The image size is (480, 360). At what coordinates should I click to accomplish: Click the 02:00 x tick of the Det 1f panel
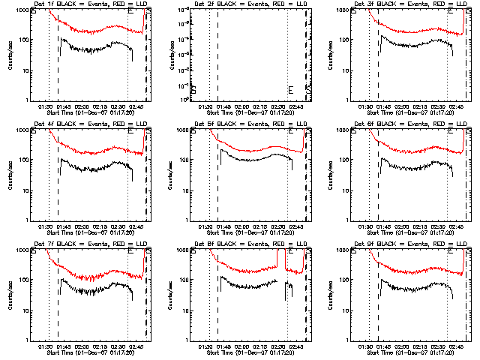tap(81, 106)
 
